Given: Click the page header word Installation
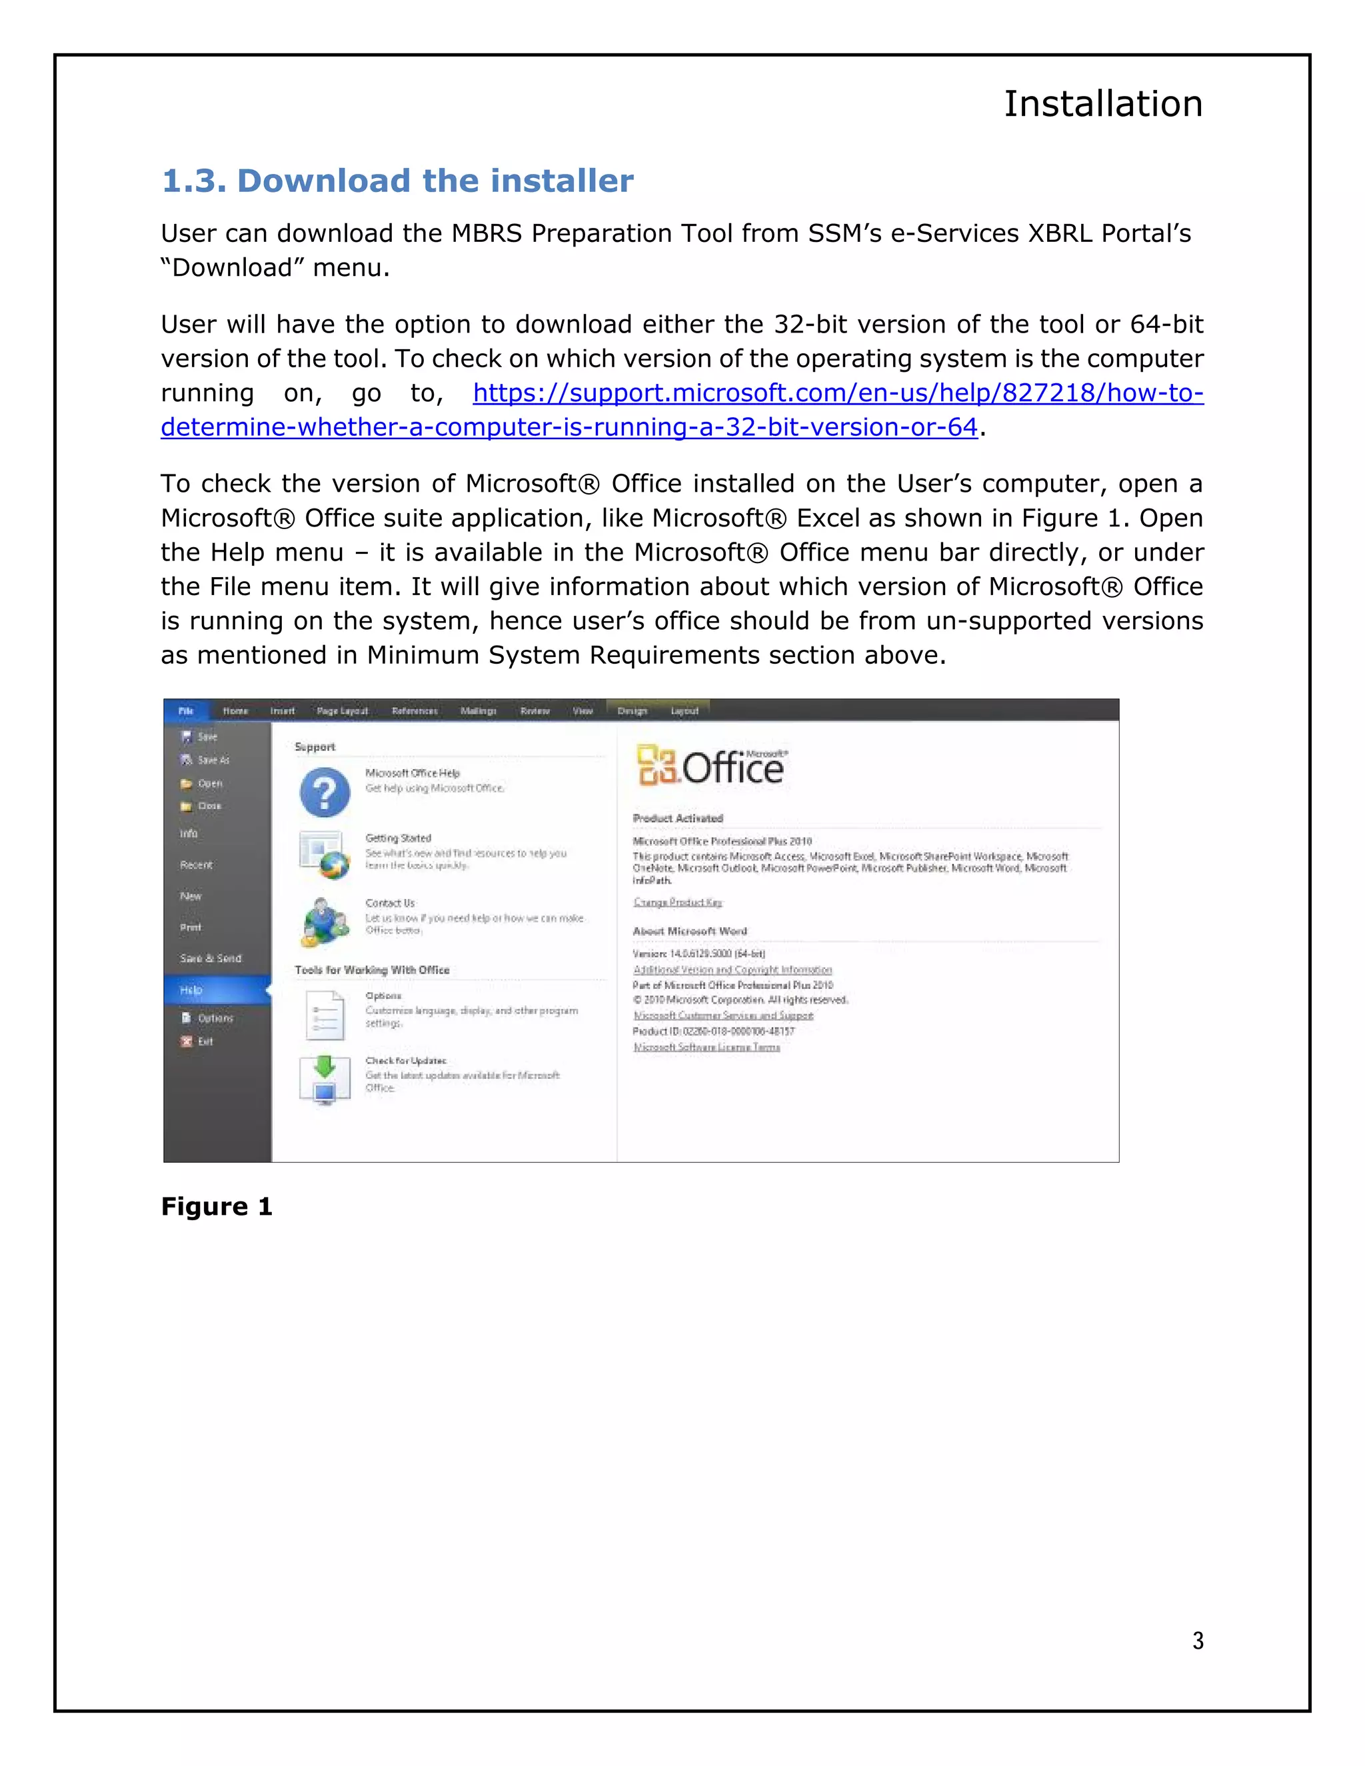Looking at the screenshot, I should [1102, 105].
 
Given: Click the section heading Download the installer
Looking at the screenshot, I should [397, 181].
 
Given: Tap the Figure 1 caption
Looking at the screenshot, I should [216, 1206].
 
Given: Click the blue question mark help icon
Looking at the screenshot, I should [325, 792].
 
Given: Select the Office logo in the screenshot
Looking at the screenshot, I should [710, 766].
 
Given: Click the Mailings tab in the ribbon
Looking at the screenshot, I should [478, 711].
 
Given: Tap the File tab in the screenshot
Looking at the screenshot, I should [186, 711].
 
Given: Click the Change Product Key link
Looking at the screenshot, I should [678, 902].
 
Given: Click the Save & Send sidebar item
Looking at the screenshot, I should [210, 958].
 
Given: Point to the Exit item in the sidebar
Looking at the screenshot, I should [205, 1042].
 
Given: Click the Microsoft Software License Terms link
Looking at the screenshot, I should [706, 1047].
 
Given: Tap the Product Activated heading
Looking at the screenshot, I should [678, 818].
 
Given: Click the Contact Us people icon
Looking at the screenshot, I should [325, 922].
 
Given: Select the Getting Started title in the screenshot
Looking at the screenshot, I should [398, 838].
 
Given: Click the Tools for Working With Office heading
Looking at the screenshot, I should [372, 970].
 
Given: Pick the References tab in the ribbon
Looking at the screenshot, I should [414, 711].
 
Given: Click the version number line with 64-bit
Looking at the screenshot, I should [698, 954].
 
